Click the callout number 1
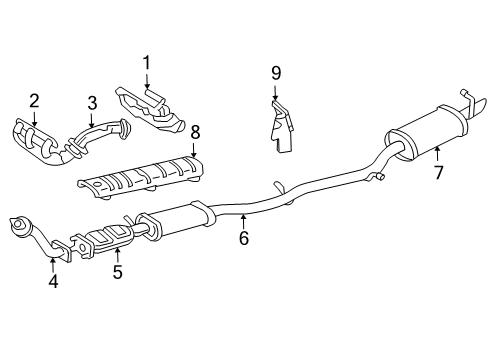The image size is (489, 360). pyautogui.click(x=146, y=65)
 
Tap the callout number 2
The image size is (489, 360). pyautogui.click(x=34, y=100)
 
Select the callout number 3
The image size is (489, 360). pyautogui.click(x=91, y=102)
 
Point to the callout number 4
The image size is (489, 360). pyautogui.click(x=54, y=281)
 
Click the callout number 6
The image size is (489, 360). pyautogui.click(x=243, y=238)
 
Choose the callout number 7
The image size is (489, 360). pyautogui.click(x=437, y=172)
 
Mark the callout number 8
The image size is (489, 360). pyautogui.click(x=196, y=130)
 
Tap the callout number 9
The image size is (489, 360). pyautogui.click(x=275, y=73)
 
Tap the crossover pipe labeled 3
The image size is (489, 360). pyautogui.click(x=95, y=135)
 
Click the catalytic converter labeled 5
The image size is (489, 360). pyautogui.click(x=110, y=241)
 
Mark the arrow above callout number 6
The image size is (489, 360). pyautogui.click(x=243, y=219)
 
